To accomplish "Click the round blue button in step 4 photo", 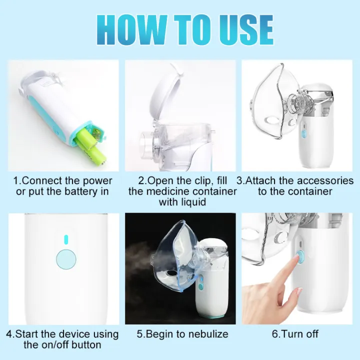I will click(64, 258).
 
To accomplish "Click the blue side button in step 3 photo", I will click(303, 133).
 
